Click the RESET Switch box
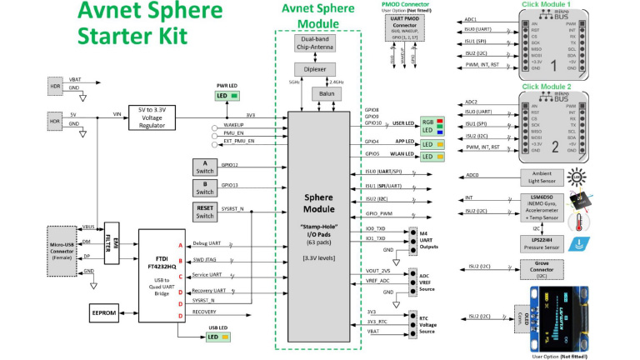204,212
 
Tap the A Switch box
204,166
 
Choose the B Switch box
204,188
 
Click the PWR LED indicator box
227,96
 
